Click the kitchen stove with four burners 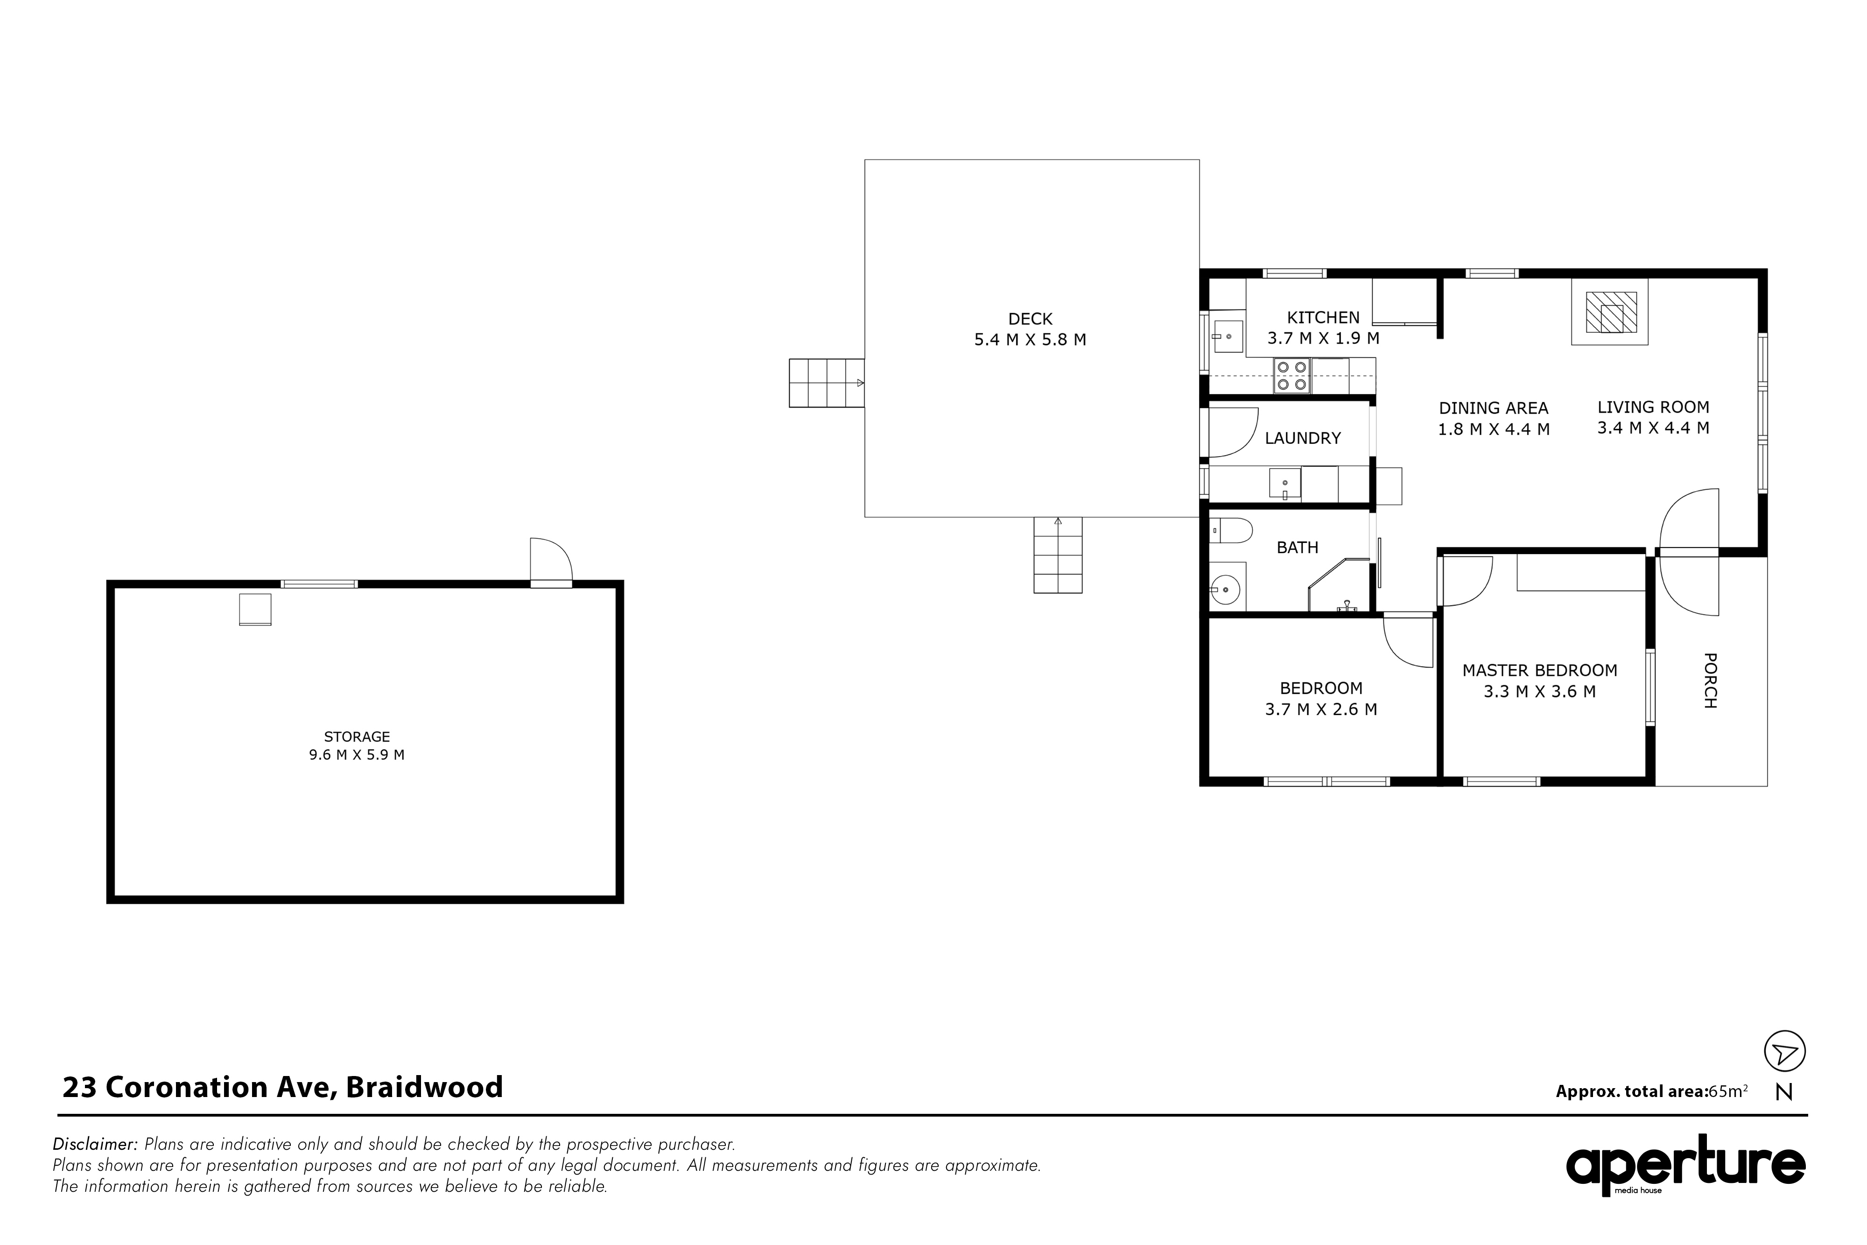tap(1291, 376)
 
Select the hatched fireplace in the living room tap(1611, 312)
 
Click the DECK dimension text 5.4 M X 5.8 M tap(1030, 340)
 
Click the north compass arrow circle tap(1785, 1052)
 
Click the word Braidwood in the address tap(425, 1087)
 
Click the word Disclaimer tap(95, 1145)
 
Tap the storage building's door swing tap(551, 560)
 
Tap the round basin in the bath tap(1227, 588)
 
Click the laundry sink tap(1285, 484)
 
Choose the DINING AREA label tap(1494, 408)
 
